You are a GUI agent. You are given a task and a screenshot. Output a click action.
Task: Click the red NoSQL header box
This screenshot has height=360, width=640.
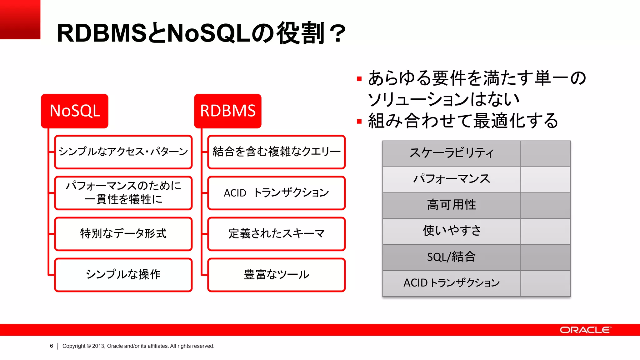pyautogui.click(x=75, y=111)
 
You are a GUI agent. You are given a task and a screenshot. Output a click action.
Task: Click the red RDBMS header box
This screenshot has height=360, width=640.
pyautogui.click(x=228, y=111)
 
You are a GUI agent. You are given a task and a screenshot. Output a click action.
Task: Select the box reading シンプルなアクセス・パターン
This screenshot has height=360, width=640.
pyautogui.click(x=123, y=152)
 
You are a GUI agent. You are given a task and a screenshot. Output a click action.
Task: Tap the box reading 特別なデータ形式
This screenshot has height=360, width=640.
pyautogui.click(x=123, y=234)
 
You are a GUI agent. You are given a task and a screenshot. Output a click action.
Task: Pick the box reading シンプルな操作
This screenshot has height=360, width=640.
pyautogui.click(x=123, y=275)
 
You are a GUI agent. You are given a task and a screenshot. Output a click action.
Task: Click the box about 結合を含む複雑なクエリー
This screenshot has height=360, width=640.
pyautogui.click(x=276, y=152)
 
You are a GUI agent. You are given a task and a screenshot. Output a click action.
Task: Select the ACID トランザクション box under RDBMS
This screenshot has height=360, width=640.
pyautogui.click(x=276, y=193)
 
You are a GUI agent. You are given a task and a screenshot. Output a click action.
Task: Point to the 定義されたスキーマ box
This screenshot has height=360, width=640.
pyautogui.click(x=276, y=234)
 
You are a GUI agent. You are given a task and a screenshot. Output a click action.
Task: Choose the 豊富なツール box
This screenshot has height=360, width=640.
pyautogui.click(x=276, y=275)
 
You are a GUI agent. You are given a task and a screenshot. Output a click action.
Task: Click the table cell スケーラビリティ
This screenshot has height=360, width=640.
pyautogui.click(x=451, y=153)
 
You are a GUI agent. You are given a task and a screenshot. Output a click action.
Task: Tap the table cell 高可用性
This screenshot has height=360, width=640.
pyautogui.click(x=451, y=205)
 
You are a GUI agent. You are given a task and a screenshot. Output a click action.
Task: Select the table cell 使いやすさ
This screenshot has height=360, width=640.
pyautogui.click(x=451, y=231)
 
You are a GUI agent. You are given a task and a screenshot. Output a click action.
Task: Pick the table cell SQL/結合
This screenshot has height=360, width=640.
pyautogui.click(x=451, y=257)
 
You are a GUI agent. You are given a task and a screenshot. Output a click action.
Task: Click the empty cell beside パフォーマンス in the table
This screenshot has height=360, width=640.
pyautogui.click(x=545, y=179)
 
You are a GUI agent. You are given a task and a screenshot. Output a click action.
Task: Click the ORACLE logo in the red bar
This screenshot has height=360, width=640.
pyautogui.click(x=585, y=330)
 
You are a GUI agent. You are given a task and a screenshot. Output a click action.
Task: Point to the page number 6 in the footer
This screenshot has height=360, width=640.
pyautogui.click(x=52, y=346)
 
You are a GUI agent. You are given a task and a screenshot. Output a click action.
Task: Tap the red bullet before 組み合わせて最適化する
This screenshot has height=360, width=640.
pyautogui.click(x=359, y=122)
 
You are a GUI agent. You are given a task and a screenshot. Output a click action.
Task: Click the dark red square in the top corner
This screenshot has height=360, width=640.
pyautogui.click(x=20, y=19)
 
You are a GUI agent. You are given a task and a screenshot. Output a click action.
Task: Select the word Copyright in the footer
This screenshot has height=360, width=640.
pyautogui.click(x=74, y=346)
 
